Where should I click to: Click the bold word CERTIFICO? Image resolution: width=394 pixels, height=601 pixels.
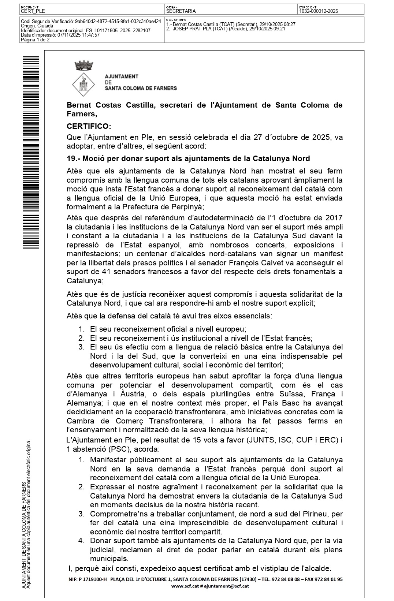89,126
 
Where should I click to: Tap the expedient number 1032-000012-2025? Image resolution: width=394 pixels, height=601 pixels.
318,11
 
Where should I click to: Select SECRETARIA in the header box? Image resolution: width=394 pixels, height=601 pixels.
181,11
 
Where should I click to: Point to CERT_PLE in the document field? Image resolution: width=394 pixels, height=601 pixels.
33,11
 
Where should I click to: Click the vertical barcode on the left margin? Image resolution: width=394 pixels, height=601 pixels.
31,152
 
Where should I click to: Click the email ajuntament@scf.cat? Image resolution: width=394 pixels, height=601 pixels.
226,586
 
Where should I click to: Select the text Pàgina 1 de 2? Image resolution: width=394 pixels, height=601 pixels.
35,40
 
